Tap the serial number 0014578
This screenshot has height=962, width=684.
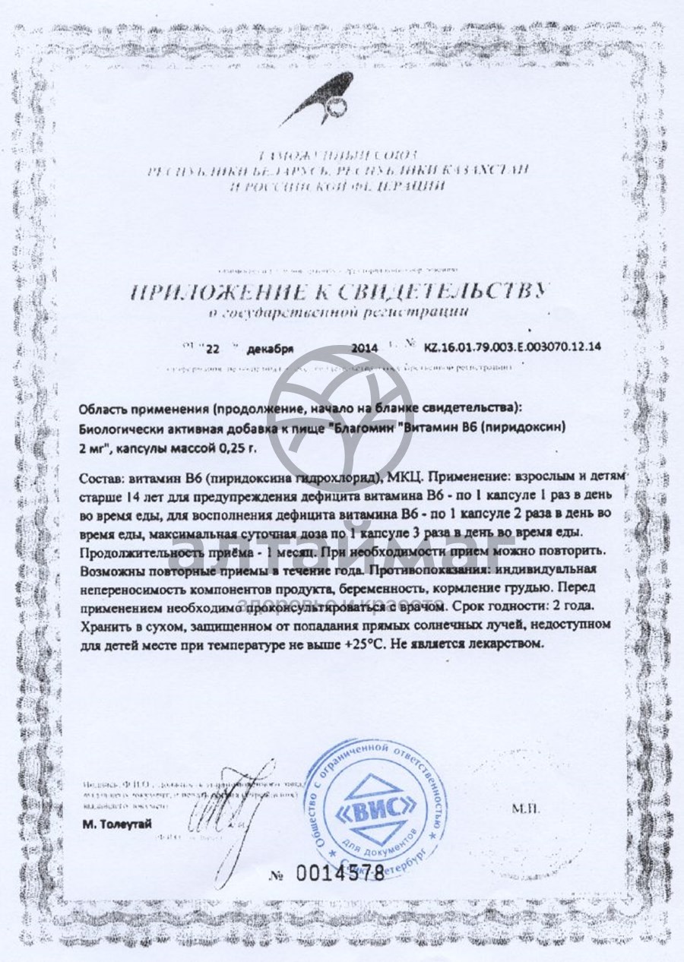[340, 873]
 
